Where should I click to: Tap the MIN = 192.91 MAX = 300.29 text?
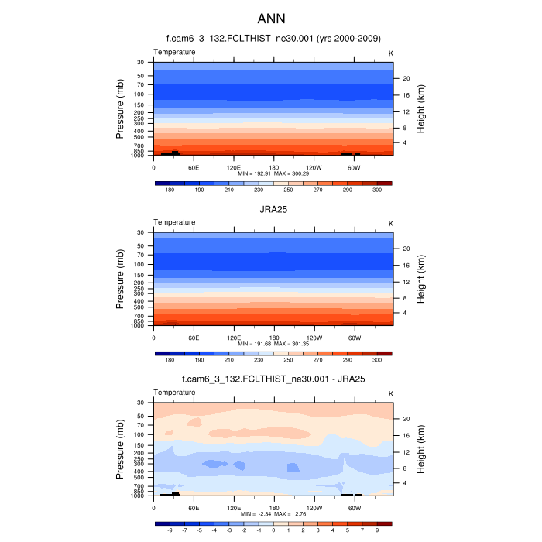[273, 173]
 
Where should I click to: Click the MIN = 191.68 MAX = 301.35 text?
[273, 343]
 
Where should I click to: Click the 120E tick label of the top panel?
[234, 166]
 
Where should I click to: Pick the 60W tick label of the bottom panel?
[354, 508]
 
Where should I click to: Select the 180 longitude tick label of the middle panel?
[274, 338]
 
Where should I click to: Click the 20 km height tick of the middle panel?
[405, 249]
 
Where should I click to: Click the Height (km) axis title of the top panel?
[422, 108]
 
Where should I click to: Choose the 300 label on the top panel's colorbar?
[377, 190]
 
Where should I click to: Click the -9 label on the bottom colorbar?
[170, 531]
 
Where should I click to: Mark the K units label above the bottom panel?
[391, 393]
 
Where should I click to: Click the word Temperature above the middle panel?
[174, 222]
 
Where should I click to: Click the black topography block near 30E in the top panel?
[175, 153]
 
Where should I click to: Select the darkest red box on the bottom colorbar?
[385, 524]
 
